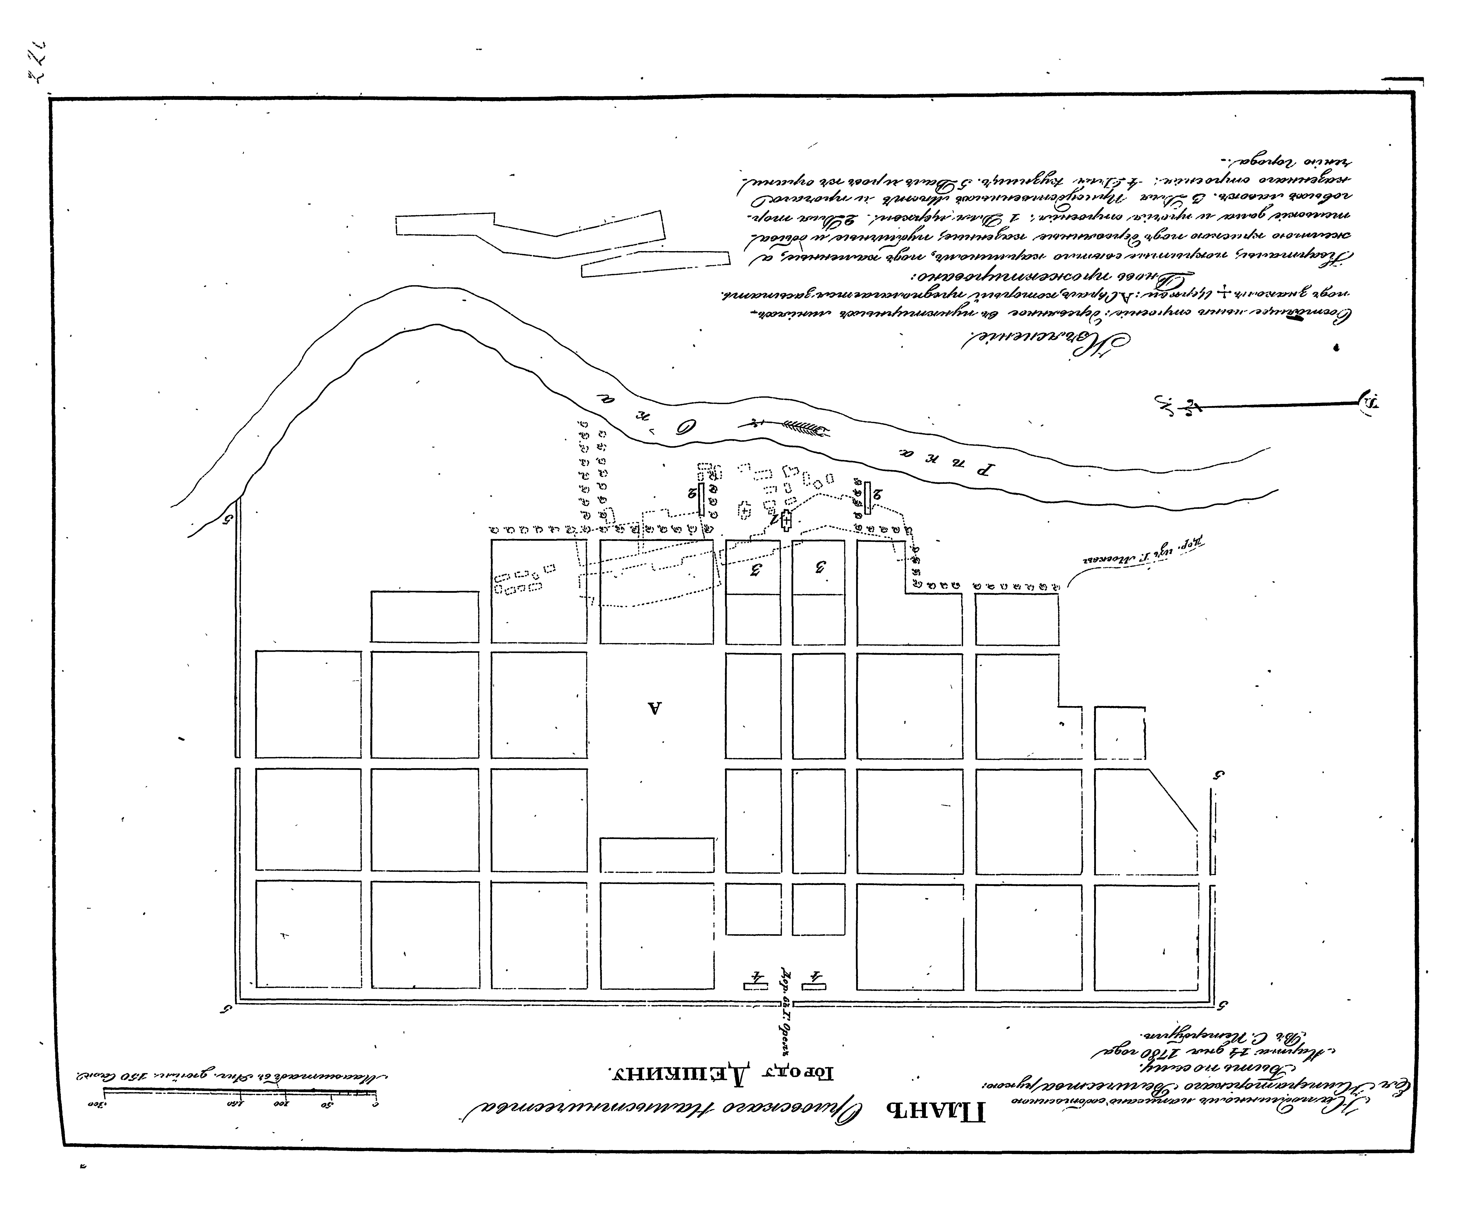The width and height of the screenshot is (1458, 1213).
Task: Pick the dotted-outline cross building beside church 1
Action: [744, 510]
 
